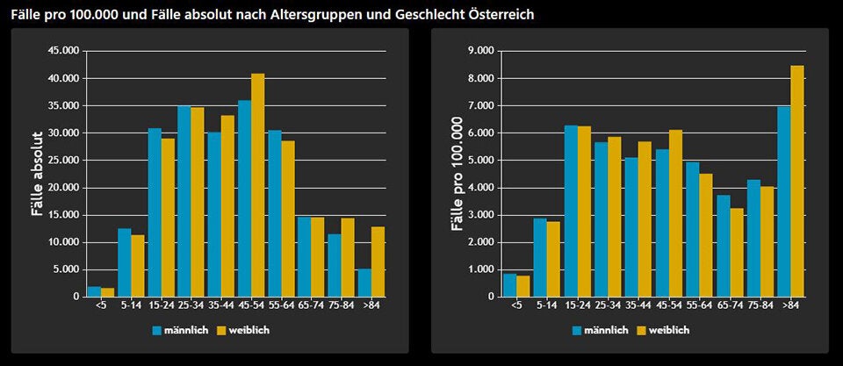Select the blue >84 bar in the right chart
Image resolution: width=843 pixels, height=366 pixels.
782,202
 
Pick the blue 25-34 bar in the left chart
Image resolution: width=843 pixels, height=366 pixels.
184,201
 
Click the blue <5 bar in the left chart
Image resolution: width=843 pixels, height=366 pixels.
94,291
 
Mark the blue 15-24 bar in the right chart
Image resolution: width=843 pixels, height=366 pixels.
571,212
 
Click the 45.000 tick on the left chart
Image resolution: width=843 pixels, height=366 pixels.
63,51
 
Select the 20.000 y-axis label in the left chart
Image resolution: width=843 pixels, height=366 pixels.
63,188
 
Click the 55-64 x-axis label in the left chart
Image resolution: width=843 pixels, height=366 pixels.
280,305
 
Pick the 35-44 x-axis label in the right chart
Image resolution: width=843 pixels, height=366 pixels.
638,305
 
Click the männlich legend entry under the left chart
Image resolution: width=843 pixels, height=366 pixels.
179,330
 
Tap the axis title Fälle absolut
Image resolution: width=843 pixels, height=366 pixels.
37,174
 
